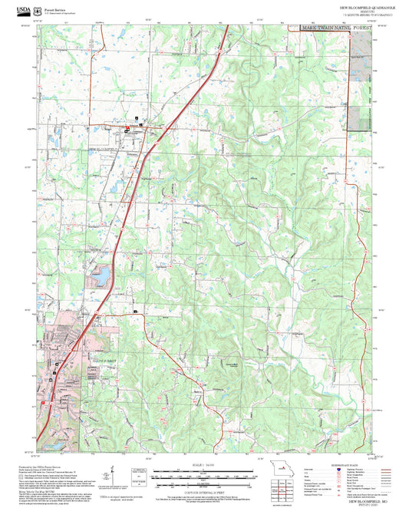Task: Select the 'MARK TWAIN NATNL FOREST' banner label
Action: tap(336, 26)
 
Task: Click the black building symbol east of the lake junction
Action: tap(137, 312)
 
